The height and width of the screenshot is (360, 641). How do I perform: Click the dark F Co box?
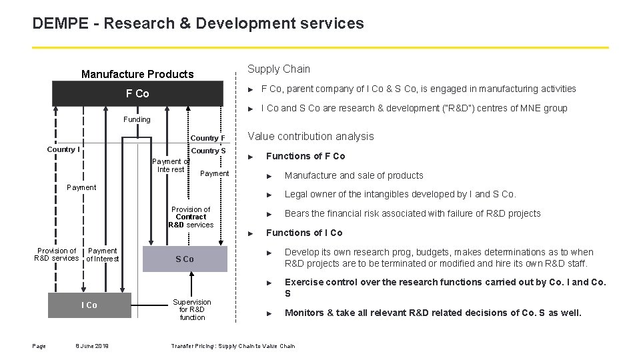pos(137,93)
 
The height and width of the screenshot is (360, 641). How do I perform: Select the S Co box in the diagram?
pos(184,259)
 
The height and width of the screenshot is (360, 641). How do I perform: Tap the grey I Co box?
pos(89,305)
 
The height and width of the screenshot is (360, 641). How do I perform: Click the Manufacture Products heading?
pos(137,74)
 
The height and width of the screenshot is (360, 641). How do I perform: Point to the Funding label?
pos(137,119)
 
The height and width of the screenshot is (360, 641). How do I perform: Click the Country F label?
pos(208,138)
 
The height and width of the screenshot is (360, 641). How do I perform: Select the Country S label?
pos(208,151)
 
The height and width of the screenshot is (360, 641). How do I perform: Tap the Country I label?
pos(63,149)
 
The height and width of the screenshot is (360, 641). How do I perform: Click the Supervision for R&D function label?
pos(192,309)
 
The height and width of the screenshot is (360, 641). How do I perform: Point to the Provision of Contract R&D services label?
pos(191,217)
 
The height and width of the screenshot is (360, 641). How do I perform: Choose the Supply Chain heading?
pos(278,69)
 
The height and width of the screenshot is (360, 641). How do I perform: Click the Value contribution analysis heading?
pos(311,136)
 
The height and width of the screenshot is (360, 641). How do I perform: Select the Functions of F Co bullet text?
pos(305,156)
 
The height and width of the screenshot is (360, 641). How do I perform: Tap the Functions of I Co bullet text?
pos(304,233)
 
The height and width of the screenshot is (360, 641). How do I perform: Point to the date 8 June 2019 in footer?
pos(92,345)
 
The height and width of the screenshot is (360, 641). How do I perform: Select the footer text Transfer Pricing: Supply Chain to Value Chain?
pos(233,345)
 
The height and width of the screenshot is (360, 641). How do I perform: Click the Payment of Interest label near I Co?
pos(103,255)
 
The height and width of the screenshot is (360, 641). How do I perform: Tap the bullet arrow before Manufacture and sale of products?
pos(269,176)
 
